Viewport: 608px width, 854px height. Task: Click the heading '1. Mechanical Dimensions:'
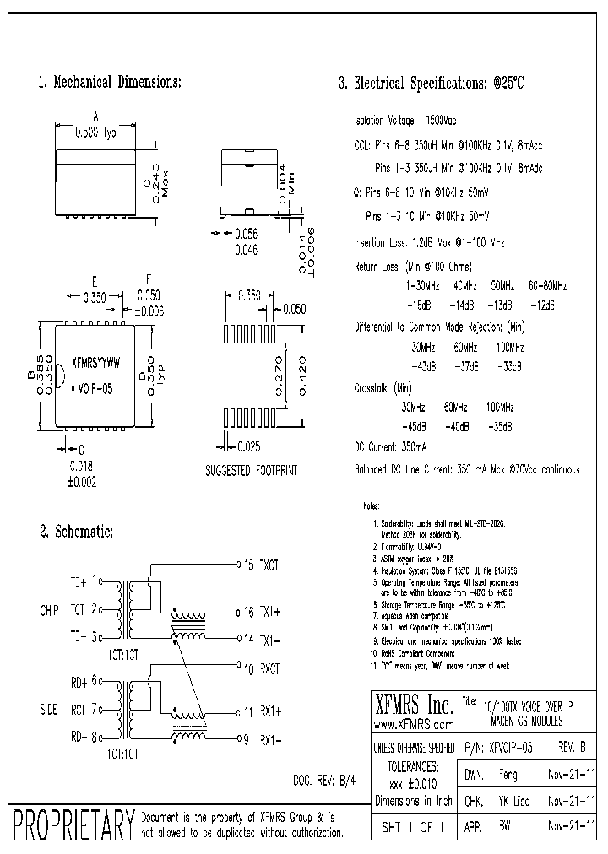tap(110, 83)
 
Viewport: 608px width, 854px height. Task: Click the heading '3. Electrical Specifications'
tap(432, 84)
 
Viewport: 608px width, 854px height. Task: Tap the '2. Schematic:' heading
tap(75, 532)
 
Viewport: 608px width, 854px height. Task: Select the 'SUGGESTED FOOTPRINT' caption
tap(252, 469)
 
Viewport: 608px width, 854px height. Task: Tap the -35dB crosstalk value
tap(508, 427)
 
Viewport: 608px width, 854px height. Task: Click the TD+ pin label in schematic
tap(78, 582)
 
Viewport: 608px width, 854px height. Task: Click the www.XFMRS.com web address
tap(413, 724)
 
